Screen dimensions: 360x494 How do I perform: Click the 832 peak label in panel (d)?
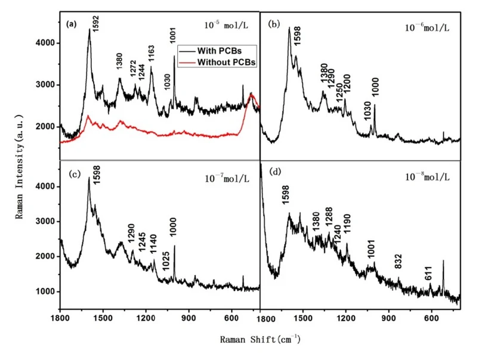point(399,260)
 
